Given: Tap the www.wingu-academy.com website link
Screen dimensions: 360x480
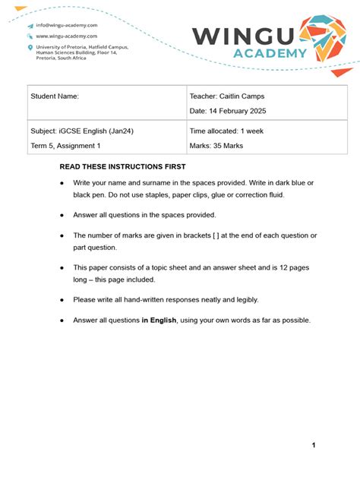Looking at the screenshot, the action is tap(67, 36).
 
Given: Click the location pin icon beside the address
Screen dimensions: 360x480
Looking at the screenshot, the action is tap(30, 47).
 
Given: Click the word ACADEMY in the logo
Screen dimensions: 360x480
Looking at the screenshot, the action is tap(271, 53).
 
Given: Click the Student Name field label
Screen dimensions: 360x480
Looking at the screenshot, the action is tap(55, 96).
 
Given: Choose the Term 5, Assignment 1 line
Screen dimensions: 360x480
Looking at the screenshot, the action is tap(65, 146).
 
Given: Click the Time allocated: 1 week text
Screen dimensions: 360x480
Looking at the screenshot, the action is tap(226, 131).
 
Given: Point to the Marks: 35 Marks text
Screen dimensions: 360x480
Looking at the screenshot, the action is tap(216, 146).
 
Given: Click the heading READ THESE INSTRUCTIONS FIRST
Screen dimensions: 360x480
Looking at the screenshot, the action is tap(122, 166).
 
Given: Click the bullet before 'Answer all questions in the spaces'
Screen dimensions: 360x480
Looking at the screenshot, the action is tap(62, 215).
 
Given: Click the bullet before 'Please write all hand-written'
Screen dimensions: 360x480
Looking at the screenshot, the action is tap(62, 300).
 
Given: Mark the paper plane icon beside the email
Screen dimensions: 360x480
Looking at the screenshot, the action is tap(30, 25).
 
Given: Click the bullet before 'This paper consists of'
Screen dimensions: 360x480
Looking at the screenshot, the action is tap(62, 268).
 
